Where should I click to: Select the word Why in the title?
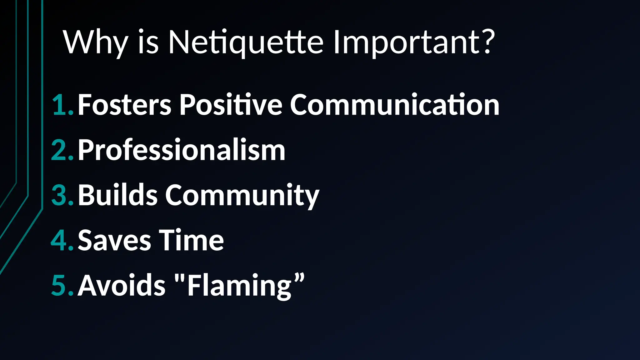tap(95, 43)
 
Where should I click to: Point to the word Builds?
tap(117, 195)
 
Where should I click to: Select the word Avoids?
tap(121, 285)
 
